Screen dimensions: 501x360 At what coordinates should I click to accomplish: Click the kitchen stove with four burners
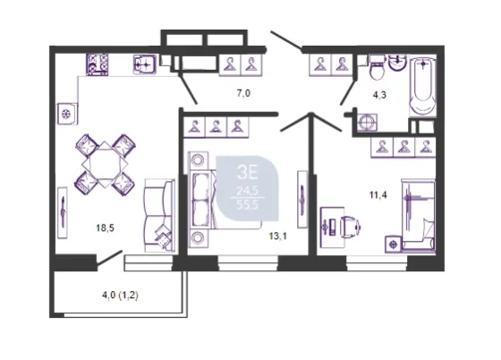(98, 64)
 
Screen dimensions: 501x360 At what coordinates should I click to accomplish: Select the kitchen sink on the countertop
(145, 64)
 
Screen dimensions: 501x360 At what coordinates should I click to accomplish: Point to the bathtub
(422, 85)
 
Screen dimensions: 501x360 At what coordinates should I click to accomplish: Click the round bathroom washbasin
(398, 63)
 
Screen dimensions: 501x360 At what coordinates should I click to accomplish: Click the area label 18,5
(106, 228)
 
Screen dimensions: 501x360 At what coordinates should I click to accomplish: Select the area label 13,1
(277, 236)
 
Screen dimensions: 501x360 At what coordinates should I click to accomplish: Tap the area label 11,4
(378, 194)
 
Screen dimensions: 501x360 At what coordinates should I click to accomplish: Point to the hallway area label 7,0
(243, 94)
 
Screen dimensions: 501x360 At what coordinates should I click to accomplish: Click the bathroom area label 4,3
(379, 95)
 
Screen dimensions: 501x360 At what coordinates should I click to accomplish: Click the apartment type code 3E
(247, 173)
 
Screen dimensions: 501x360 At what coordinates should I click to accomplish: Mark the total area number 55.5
(247, 204)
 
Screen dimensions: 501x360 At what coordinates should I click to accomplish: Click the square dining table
(105, 165)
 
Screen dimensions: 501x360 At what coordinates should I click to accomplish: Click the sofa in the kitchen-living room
(159, 216)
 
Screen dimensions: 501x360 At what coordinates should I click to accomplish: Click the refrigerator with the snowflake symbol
(67, 114)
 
